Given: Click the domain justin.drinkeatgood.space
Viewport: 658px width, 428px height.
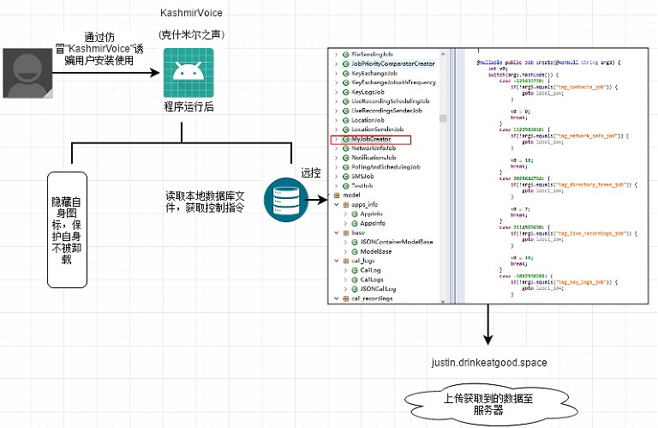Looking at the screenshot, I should click(488, 363).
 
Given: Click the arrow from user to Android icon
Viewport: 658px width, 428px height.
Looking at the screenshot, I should click(107, 74).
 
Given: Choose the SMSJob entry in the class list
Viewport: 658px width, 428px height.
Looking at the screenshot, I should click(362, 177).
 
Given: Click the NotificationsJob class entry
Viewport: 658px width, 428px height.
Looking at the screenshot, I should click(374, 158).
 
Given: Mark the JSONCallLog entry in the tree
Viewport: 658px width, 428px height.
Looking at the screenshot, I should click(377, 289).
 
